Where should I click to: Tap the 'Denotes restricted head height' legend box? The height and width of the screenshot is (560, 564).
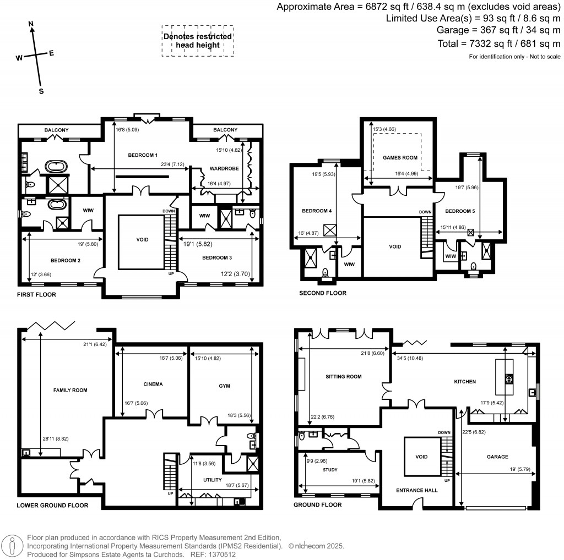pos(198,41)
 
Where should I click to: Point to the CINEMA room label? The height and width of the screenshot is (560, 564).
pos(153,384)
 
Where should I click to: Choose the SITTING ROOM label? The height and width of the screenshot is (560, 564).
pos(343,377)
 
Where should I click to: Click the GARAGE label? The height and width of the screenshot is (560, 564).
pos(497,457)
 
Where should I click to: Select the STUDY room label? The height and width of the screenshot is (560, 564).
pos(329,470)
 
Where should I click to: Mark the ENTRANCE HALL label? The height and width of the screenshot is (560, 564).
pos(417,490)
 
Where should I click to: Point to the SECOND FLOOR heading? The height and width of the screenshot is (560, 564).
pos(323,293)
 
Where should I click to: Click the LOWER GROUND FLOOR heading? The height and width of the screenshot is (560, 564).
pos(52,505)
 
